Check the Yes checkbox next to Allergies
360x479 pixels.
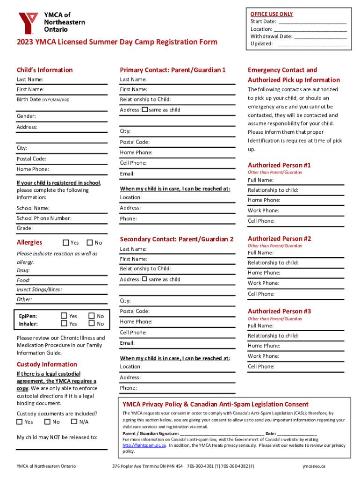[66, 243]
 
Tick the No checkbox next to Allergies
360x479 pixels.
[90, 243]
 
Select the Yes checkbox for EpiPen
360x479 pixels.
[64, 316]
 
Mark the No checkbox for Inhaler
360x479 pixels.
[91, 324]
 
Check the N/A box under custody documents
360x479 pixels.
[73, 421]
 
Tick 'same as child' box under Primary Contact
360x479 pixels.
[145, 110]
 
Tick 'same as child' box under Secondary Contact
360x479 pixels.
[145, 279]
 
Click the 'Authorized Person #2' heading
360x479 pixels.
[279, 239]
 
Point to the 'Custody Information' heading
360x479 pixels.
[47, 364]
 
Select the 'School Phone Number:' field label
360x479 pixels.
[44, 218]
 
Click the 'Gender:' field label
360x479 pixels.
[26, 116]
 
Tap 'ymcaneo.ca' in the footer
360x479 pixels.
[314, 466]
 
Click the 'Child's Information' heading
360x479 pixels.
[44, 70]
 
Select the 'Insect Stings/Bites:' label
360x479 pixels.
[39, 290]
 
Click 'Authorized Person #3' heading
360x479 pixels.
[279, 311]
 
